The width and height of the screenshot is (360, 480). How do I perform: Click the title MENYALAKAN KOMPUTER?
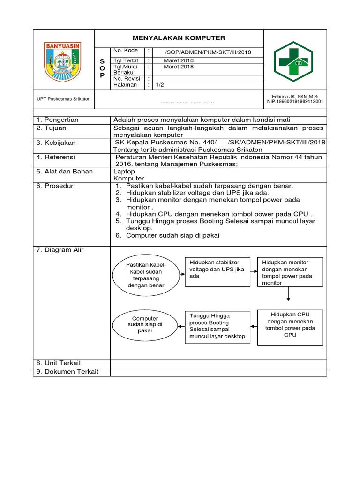179,38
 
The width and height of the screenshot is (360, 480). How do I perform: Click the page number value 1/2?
160,85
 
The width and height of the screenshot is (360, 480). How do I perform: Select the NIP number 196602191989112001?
295,101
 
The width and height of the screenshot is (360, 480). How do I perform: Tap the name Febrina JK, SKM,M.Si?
295,96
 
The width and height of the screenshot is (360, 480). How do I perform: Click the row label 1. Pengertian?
58,120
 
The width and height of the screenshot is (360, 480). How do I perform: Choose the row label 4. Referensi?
56,157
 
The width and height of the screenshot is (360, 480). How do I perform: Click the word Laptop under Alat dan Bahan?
124,172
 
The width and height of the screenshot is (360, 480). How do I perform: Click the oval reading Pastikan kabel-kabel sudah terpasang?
146,275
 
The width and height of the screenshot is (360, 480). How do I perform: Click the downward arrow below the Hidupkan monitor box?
288,293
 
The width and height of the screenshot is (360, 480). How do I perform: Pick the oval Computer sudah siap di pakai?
145,324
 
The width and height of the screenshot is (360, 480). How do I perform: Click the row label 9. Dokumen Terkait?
67,372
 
